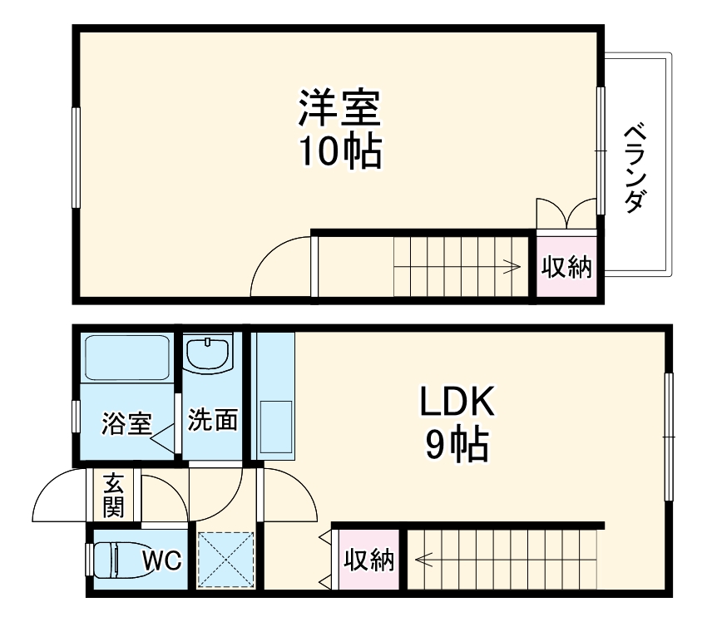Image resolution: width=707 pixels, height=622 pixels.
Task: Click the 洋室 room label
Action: coord(339,106)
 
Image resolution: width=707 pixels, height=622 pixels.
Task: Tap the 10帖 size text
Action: coord(339,151)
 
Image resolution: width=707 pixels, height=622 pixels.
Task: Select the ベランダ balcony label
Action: coord(635,168)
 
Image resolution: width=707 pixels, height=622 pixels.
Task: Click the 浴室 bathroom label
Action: coord(126,422)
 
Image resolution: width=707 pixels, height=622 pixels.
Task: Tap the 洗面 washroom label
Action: coord(212,421)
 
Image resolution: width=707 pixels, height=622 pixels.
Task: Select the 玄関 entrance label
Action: coord(114,496)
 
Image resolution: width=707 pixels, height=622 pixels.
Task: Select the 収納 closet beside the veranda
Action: coord(566,268)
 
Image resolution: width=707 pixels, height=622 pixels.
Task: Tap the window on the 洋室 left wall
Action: coord(76,158)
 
